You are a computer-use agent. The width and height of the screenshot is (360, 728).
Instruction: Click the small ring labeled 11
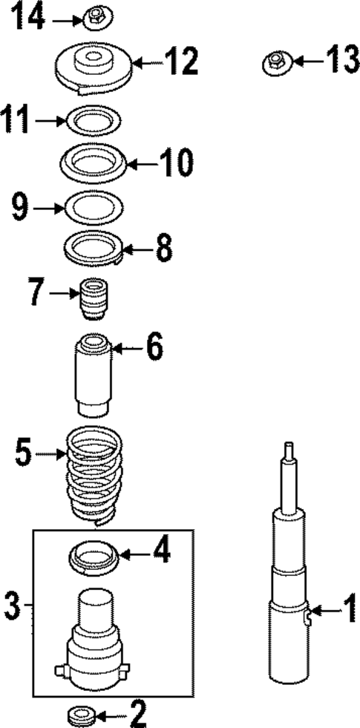coord(93,119)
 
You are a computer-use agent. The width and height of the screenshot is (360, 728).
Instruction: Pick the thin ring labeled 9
coord(94,206)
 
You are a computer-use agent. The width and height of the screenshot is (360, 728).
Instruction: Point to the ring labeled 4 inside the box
coord(94,557)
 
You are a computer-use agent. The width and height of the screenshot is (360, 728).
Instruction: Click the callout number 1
coord(346,611)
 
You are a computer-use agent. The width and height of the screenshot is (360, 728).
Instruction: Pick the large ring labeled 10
coord(94,162)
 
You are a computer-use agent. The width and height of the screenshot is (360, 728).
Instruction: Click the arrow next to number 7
coord(60,295)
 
